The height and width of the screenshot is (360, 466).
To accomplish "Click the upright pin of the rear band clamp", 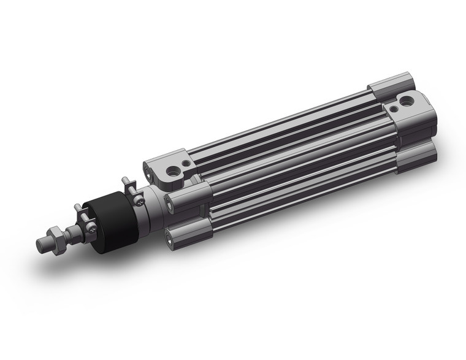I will click(x=125, y=182).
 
